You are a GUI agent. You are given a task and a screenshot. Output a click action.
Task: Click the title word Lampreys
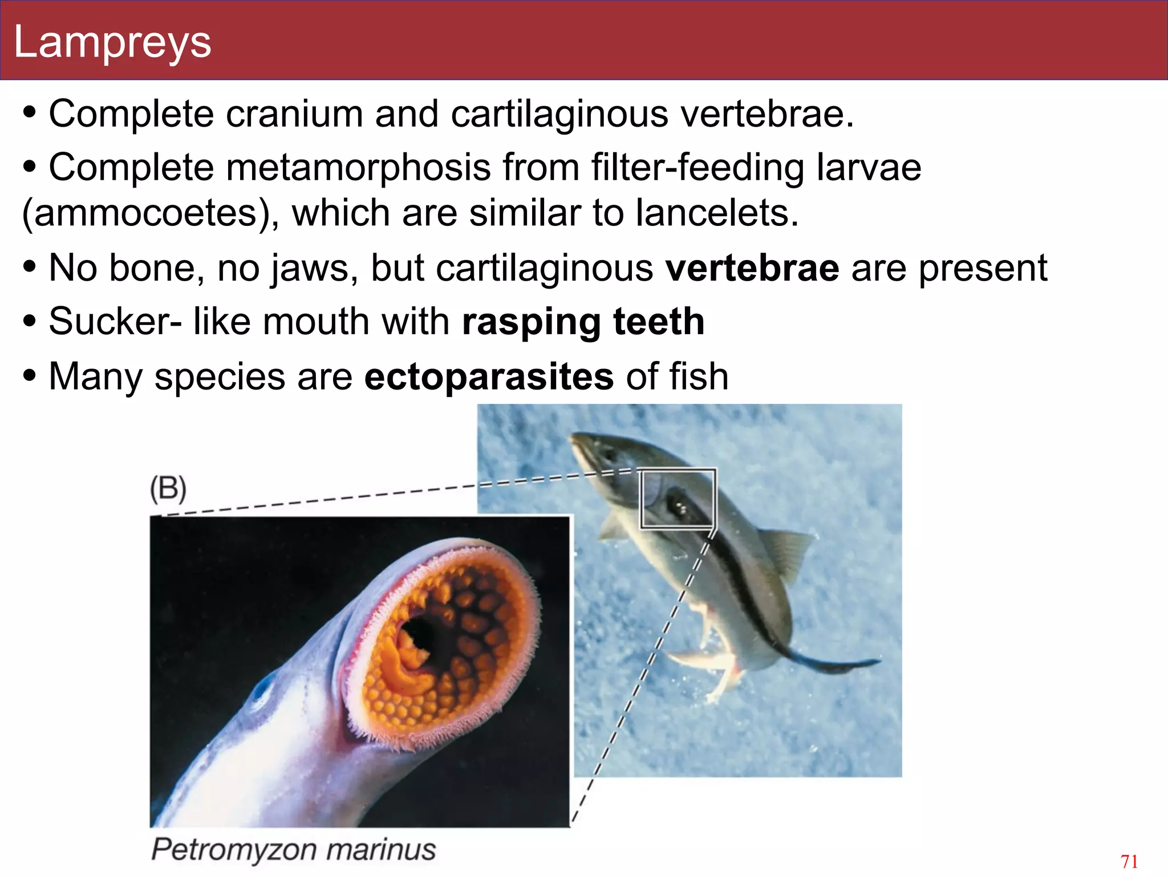coord(112,42)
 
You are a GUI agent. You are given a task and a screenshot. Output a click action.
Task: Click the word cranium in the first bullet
coord(294,113)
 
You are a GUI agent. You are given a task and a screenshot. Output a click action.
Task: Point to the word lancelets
coord(717,213)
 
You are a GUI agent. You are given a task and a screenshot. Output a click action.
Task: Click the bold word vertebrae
coord(752,267)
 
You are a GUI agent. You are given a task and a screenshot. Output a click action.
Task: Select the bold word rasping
coord(531,322)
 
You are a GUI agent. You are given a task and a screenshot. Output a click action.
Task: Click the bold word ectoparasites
coord(489,376)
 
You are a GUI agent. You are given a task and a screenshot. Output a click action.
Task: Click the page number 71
coord(1129,861)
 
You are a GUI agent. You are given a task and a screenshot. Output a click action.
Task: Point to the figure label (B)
coord(168,489)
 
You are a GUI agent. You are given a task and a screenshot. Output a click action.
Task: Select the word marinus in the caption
coord(381,849)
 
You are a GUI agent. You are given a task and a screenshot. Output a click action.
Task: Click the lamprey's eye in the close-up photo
coord(262,692)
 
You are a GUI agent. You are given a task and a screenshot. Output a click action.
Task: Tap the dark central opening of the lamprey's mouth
coord(425,634)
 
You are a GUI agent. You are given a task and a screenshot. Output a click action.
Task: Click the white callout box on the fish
coord(677,498)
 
